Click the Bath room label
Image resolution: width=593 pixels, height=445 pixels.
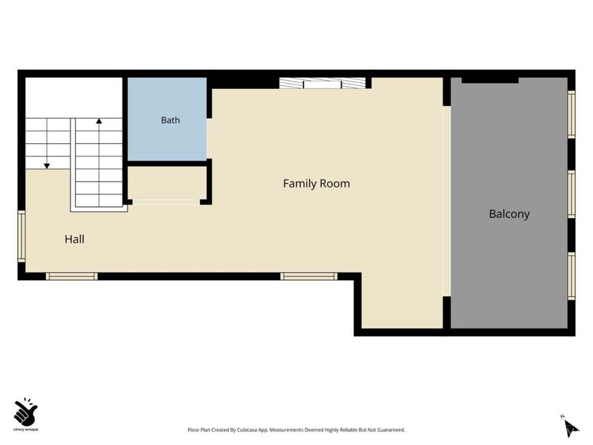click(170, 120)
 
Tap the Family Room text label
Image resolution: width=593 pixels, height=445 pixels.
click(317, 183)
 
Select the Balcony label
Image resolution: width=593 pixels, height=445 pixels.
click(509, 214)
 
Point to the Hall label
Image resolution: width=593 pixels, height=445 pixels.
click(74, 239)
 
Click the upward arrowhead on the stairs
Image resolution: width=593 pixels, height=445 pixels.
click(99, 121)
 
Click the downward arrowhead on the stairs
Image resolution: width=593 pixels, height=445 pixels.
click(47, 165)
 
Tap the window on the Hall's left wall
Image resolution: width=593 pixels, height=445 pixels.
click(21, 236)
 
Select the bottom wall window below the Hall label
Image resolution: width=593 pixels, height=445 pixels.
click(72, 276)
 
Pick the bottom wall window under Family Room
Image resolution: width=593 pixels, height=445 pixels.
click(308, 276)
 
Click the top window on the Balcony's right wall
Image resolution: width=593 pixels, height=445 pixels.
click(572, 114)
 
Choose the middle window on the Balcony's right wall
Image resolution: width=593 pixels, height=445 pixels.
click(572, 194)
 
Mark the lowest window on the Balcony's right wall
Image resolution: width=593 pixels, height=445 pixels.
click(572, 276)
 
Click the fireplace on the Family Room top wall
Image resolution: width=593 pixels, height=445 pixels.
click(322, 83)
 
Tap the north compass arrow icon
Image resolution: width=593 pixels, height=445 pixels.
click(571, 429)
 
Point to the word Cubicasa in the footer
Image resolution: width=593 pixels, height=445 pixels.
click(245, 430)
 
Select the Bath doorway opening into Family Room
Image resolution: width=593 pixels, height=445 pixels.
click(209, 139)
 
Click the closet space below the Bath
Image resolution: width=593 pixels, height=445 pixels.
click(168, 183)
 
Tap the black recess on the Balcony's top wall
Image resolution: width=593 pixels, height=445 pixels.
click(490, 80)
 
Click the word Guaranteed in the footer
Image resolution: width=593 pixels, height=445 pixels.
click(392, 430)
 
